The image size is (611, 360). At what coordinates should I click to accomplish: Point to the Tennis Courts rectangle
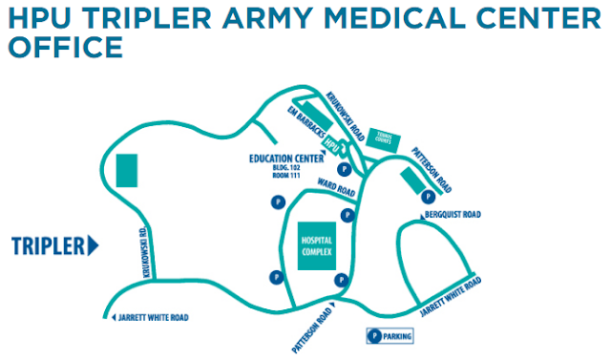[388, 140]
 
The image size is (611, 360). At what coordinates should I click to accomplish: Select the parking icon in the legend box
[375, 336]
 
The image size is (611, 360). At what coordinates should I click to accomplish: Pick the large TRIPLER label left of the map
[49, 245]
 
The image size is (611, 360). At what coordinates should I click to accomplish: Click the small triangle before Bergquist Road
[427, 215]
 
